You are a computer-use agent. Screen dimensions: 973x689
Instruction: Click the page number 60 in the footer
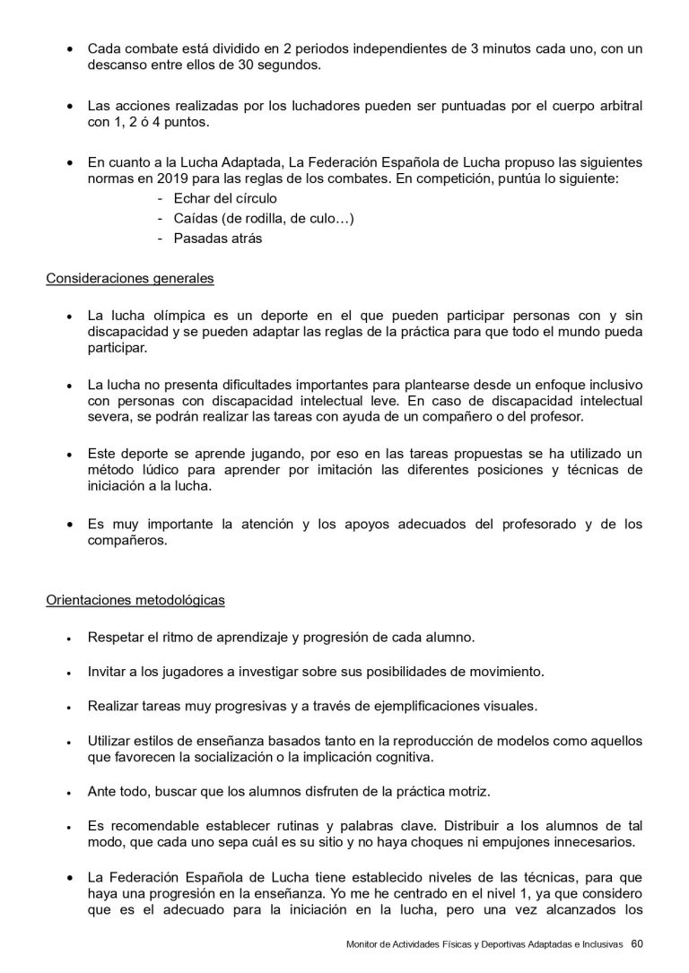636,943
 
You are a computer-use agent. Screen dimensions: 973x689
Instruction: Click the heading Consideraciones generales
130,278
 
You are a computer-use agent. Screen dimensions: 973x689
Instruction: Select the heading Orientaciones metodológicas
135,599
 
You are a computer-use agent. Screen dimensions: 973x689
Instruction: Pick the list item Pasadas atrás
218,238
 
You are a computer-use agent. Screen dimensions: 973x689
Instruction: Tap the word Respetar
117,637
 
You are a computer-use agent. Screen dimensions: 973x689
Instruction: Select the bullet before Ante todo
70,793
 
